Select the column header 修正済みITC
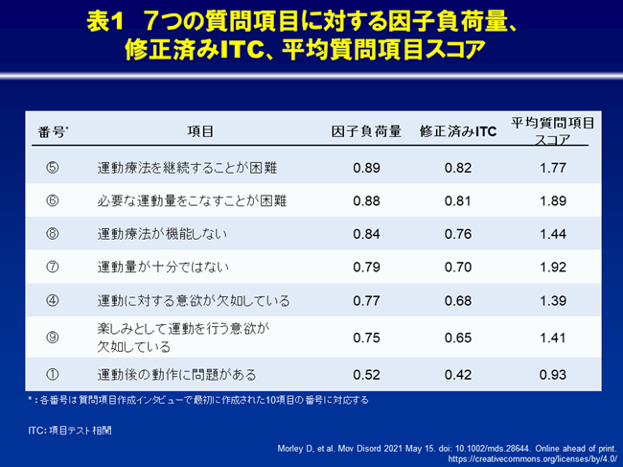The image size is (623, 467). pyautogui.click(x=458, y=131)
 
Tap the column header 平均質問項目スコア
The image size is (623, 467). pyautogui.click(x=553, y=131)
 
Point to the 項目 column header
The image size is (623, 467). pyautogui.click(x=200, y=131)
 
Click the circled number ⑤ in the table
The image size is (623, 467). pyautogui.click(x=53, y=168)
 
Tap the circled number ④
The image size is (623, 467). pyautogui.click(x=53, y=300)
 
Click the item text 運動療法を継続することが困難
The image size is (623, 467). pyautogui.click(x=187, y=168)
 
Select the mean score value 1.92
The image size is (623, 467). pyautogui.click(x=553, y=267)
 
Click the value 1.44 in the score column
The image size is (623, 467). pyautogui.click(x=553, y=233)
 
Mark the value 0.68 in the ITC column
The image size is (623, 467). pyautogui.click(x=458, y=300)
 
